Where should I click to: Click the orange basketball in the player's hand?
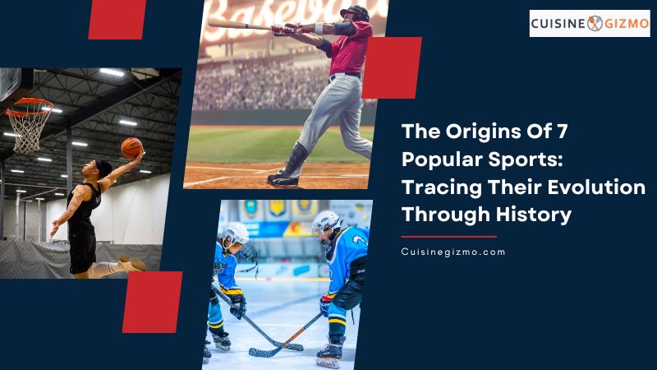pos(132,148)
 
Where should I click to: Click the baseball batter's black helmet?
pos(356,13)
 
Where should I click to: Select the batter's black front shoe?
pos(283,180)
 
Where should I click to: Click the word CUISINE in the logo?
pos(558,24)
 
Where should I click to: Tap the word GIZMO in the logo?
pos(627,24)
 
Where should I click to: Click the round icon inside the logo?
pos(595,24)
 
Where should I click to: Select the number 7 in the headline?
pos(562,132)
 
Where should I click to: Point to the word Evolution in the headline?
pos(596,187)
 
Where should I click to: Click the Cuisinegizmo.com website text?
pos(453,252)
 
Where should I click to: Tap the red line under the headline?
pos(448,237)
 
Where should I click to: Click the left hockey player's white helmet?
pos(235,233)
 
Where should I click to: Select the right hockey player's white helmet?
pos(326,223)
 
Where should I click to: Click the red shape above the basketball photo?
pos(117,20)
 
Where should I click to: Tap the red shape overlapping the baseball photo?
pos(392,67)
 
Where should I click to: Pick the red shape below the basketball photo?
pos(153,302)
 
